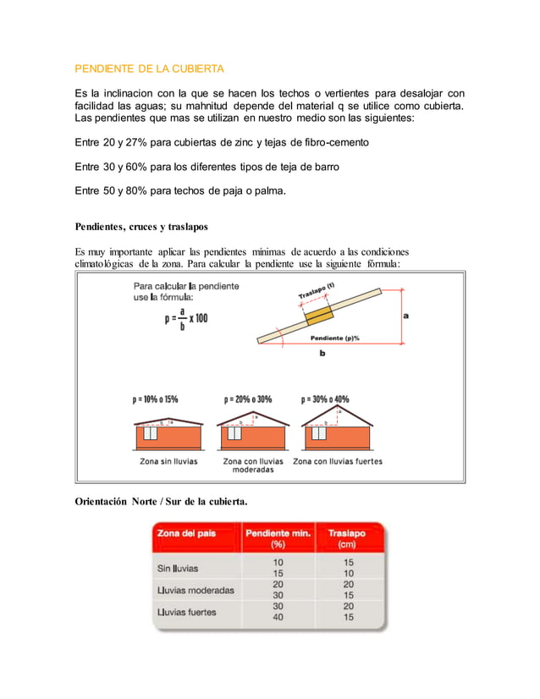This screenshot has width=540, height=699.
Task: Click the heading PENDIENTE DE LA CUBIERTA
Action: coord(149,68)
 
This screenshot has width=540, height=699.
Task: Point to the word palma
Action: coord(267,191)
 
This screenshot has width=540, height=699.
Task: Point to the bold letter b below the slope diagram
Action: coord(322,355)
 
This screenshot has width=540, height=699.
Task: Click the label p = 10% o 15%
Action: coord(155,399)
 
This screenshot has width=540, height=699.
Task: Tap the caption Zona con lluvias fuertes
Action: coord(337,461)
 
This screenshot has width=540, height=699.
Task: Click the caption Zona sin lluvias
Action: coord(168,461)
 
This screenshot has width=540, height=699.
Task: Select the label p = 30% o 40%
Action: coord(325,399)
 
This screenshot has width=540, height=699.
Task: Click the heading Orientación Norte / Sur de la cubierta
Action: coord(161,502)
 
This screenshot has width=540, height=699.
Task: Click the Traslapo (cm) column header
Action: coord(347,538)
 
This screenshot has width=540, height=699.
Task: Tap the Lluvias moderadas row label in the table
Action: coord(196,590)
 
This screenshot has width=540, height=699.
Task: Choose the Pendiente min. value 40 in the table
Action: coord(278,617)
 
